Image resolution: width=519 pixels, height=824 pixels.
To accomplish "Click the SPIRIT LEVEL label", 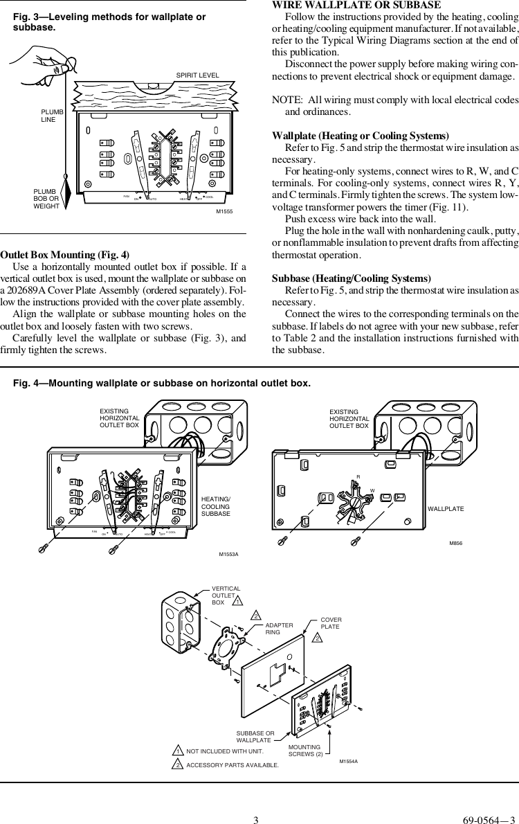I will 197,75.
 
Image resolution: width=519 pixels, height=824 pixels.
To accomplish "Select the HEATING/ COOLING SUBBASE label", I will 215,506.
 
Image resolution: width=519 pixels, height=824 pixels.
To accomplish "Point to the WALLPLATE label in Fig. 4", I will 445,509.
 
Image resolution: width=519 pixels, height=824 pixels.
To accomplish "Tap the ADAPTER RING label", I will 280,629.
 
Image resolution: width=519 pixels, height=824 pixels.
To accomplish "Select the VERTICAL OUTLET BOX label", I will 225,595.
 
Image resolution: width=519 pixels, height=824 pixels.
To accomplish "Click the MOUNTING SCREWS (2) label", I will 305,750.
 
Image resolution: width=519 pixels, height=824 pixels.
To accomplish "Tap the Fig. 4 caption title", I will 163,382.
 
